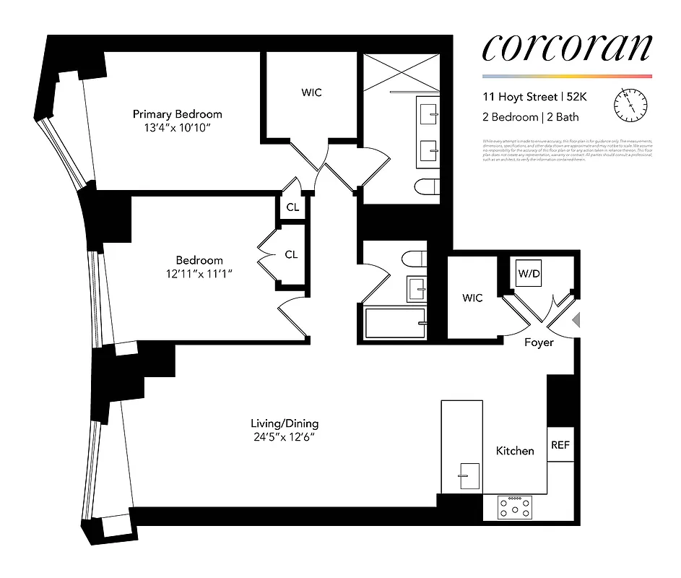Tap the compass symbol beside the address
click(x=630, y=105)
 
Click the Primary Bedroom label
click(x=177, y=114)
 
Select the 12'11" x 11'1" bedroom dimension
click(x=199, y=274)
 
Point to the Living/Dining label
click(x=284, y=423)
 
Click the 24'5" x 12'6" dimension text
click(x=284, y=437)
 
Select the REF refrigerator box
click(x=560, y=445)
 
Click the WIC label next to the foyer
click(x=472, y=298)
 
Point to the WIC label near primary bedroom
click(x=311, y=92)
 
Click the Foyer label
click(x=539, y=342)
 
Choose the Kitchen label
click(x=515, y=450)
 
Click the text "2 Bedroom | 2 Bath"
click(x=532, y=116)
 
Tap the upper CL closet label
click(x=292, y=208)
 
